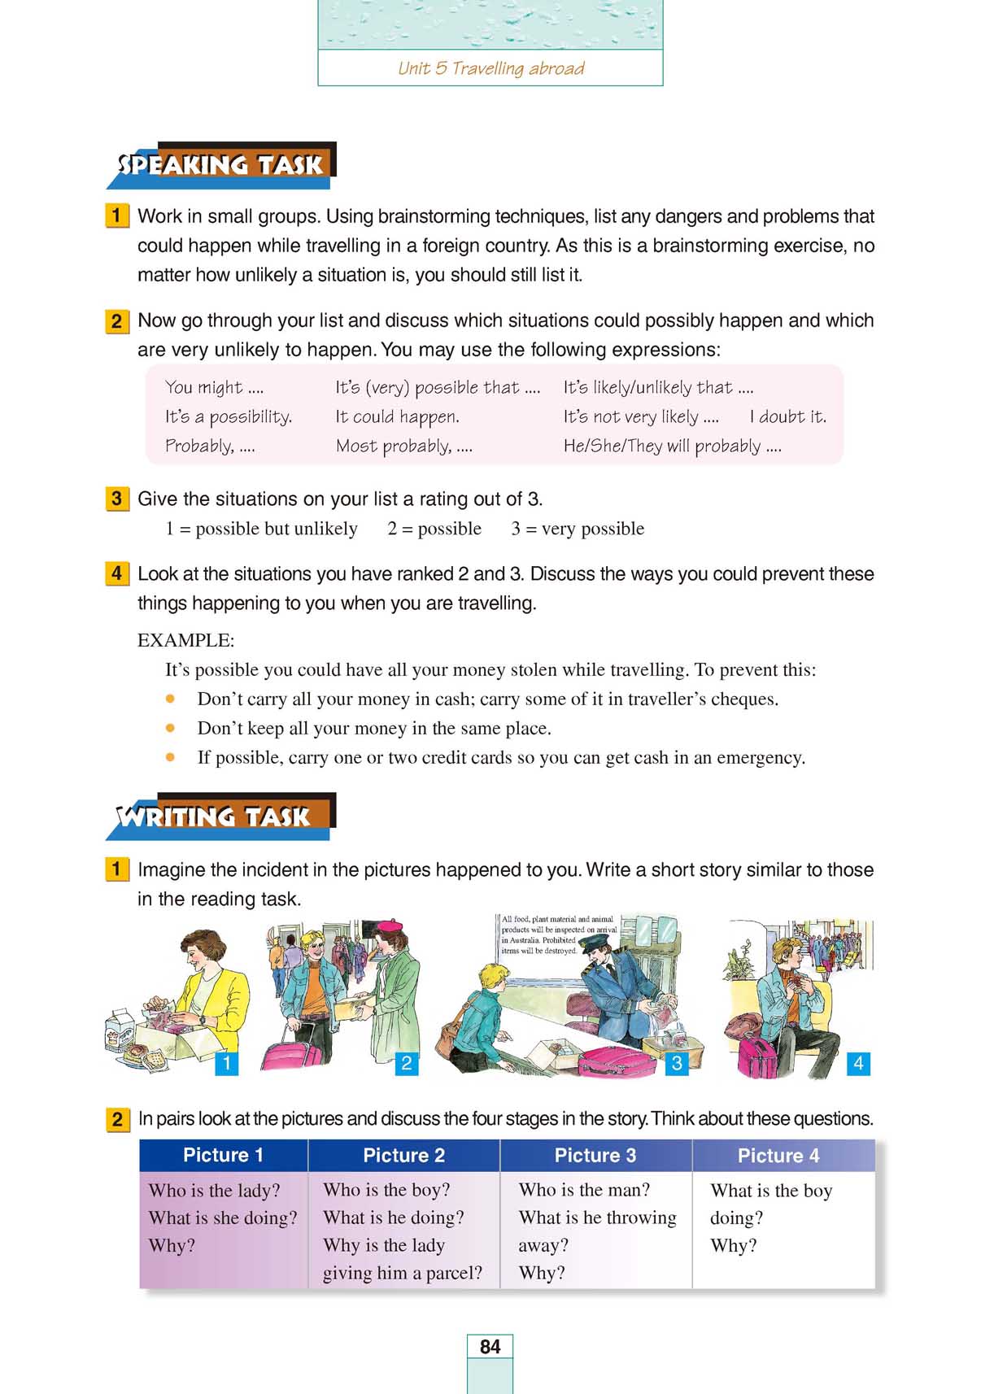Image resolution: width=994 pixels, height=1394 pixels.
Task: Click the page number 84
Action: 490,1347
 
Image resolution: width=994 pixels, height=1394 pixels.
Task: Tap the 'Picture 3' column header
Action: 595,1155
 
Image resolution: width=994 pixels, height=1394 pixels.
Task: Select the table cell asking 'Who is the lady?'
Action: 214,1190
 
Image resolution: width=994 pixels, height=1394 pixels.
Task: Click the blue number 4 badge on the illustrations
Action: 858,1063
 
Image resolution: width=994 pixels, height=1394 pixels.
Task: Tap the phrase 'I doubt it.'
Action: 787,416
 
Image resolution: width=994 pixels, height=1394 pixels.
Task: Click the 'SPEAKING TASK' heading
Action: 220,165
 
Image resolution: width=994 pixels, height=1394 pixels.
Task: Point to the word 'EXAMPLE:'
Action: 185,640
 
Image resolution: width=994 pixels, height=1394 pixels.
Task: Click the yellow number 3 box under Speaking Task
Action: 117,499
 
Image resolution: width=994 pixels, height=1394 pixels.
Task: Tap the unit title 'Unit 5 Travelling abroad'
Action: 490,68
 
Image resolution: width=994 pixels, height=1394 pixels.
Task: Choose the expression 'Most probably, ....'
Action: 403,446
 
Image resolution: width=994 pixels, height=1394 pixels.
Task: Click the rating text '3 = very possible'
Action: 577,529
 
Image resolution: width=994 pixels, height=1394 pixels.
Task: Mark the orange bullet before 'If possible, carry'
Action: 170,757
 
